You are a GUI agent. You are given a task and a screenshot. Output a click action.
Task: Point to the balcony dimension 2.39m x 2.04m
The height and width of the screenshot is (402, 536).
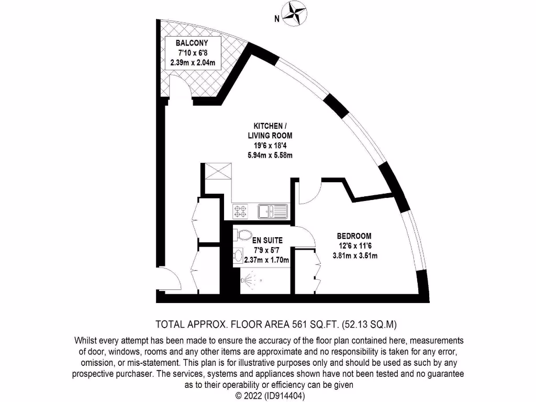pos(193,62)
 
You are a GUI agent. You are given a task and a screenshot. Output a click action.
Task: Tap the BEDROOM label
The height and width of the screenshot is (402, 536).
pos(354,236)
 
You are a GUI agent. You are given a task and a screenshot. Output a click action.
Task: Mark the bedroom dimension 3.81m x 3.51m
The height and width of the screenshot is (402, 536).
pos(355,255)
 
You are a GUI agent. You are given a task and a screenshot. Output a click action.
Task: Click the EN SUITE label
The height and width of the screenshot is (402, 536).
pos(267,240)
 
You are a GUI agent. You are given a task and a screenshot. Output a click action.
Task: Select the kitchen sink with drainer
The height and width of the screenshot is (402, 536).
pos(272,211)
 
